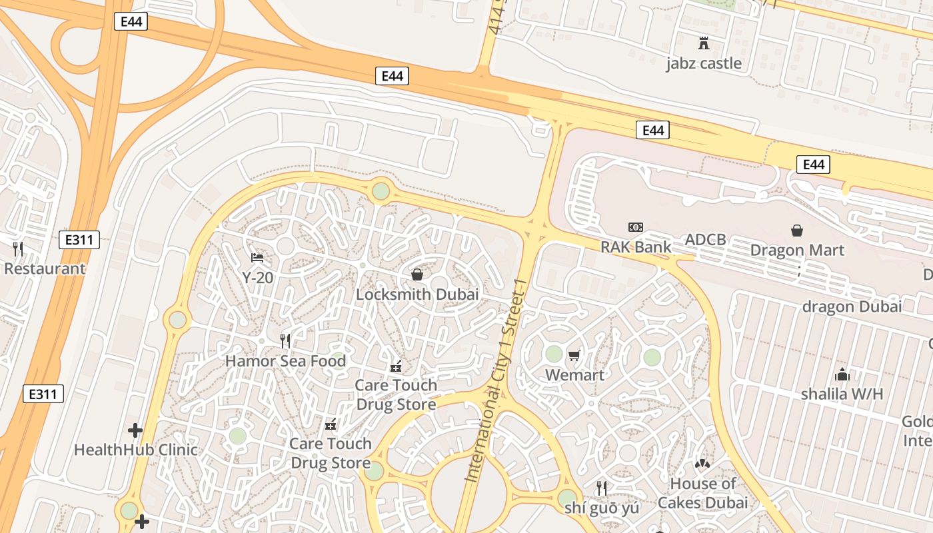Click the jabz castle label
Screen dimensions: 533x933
tap(703, 63)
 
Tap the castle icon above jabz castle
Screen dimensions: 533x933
tap(703, 44)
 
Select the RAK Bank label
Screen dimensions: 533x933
tap(636, 247)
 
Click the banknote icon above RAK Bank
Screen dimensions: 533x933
tap(636, 227)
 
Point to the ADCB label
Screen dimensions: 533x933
tap(705, 240)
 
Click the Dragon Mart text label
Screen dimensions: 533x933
tap(797, 251)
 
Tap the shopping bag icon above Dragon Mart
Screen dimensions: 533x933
tap(797, 231)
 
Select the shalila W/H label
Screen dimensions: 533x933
tap(842, 394)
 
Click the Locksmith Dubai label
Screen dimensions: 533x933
tap(417, 294)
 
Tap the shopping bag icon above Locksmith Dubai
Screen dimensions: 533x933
tap(417, 274)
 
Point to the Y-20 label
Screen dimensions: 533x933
tap(257, 277)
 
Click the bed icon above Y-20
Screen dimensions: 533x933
tap(257, 257)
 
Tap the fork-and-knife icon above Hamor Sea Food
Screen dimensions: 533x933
tap(285, 341)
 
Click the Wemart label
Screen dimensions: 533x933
tap(574, 375)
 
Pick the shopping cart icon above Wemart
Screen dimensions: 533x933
tap(574, 356)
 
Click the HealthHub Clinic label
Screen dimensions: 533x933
tap(136, 450)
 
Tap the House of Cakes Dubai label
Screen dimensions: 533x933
tap(702, 493)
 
